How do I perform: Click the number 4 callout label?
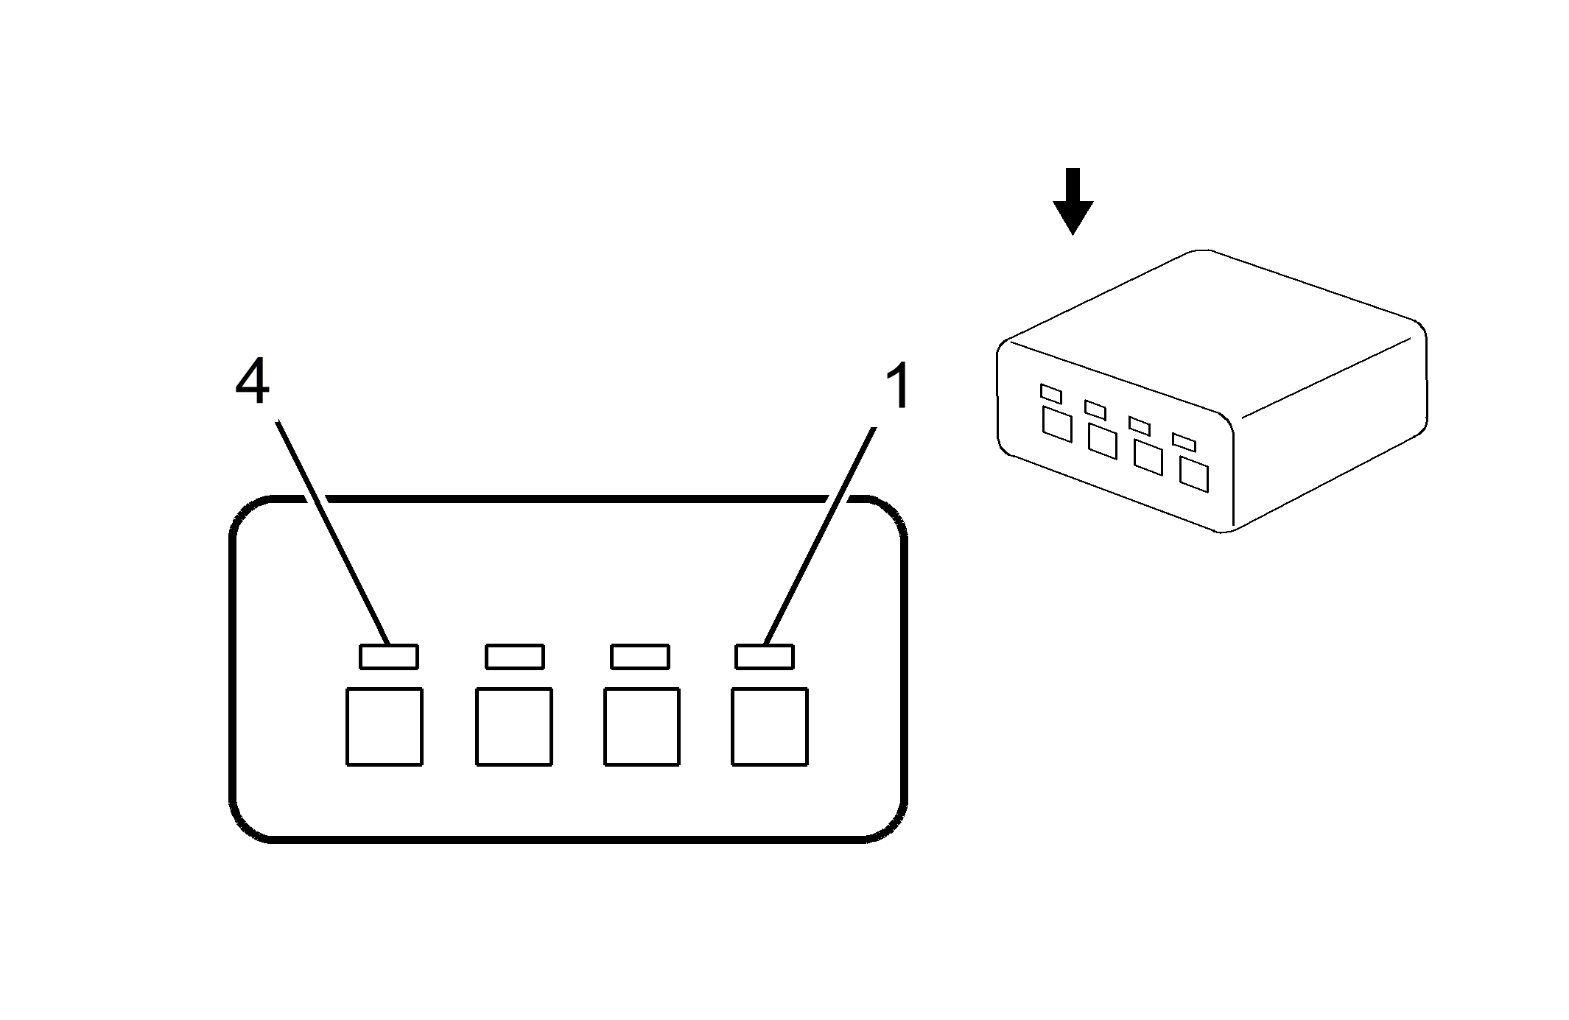click(252, 384)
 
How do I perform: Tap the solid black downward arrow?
click(1073, 201)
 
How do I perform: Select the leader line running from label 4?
click(332, 532)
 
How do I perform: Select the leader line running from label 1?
click(820, 535)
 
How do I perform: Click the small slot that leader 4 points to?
click(389, 657)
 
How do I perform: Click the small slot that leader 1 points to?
click(765, 657)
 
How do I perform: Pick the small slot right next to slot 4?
click(515, 657)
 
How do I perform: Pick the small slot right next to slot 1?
click(640, 657)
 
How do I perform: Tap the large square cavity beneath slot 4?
click(385, 727)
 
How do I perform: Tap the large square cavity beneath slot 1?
click(770, 727)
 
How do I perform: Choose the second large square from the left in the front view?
click(514, 727)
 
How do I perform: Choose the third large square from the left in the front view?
click(642, 727)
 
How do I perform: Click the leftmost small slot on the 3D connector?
click(1050, 393)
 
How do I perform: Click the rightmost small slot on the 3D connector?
click(1184, 442)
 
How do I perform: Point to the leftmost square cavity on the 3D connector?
click(1057, 423)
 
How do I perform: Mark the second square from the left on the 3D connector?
click(1103, 440)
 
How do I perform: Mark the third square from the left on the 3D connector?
click(1148, 457)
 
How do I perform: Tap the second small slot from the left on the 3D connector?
click(1095, 409)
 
